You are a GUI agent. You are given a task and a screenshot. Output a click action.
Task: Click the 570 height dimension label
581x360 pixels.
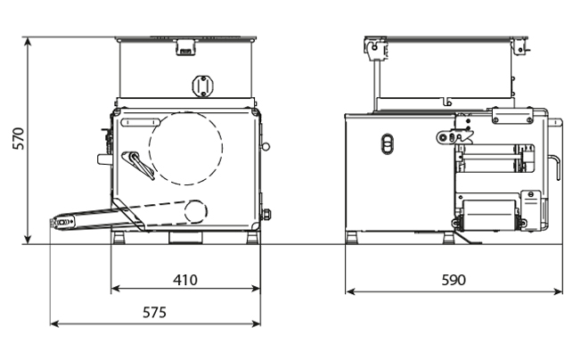pos(18,138)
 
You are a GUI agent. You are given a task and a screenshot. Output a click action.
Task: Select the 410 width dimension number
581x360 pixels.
pos(185,280)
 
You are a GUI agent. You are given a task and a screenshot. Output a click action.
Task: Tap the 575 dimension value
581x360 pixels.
pos(154,313)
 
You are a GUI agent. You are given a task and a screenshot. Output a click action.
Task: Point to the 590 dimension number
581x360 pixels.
pos(454,280)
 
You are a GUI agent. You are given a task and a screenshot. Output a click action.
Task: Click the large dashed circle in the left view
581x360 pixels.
pos(186,149)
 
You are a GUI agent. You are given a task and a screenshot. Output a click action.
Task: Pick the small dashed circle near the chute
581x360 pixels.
pos(195,211)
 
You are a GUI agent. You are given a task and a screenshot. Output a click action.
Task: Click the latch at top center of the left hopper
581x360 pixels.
pos(185,47)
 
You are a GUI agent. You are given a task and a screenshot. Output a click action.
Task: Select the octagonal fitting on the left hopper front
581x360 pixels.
pos(202,86)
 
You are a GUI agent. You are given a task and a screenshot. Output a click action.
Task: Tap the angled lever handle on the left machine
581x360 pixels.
pos(138,165)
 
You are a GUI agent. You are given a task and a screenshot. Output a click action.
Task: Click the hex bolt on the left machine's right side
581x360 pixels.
pos(266,215)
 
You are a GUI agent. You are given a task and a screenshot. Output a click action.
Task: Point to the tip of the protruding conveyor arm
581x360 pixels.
pos(51,223)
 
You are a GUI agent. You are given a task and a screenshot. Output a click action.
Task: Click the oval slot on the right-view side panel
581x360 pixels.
pos(388,143)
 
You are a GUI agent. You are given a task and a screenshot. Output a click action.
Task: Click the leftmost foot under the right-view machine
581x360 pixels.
pos(351,237)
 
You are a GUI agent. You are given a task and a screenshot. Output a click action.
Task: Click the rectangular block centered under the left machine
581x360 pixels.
pos(186,237)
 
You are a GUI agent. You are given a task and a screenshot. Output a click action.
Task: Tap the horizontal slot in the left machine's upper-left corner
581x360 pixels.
pos(141,122)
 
